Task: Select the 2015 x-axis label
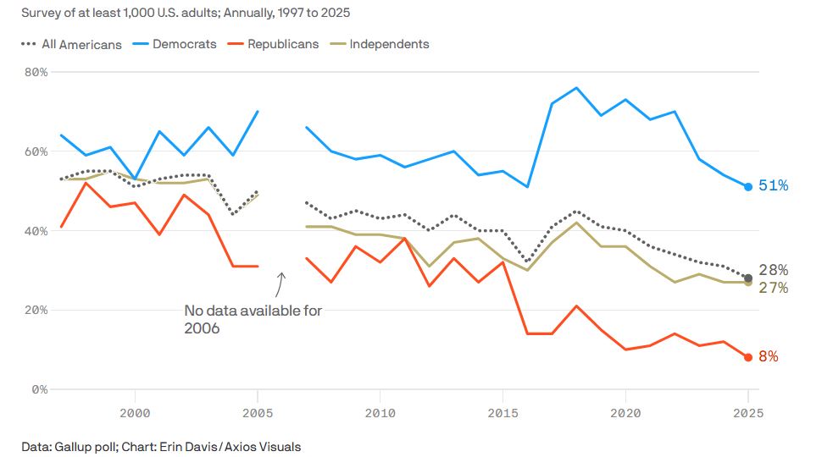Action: [x=503, y=413]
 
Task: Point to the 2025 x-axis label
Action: [x=748, y=413]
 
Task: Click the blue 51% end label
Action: [x=774, y=186]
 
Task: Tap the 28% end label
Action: [x=774, y=270]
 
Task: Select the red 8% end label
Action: [x=769, y=357]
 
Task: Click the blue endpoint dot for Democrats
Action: [x=748, y=186]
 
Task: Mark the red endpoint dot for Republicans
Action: [x=748, y=357]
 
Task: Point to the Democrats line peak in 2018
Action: [x=576, y=88]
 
